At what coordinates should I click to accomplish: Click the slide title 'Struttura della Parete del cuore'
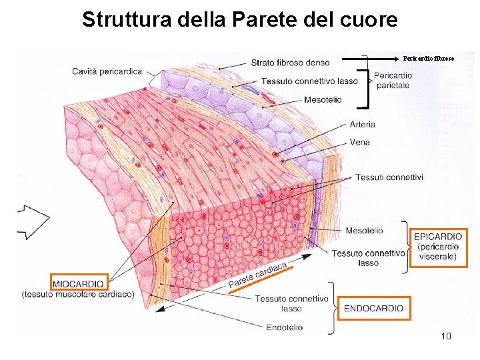239,20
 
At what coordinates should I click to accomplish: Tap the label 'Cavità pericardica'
107,71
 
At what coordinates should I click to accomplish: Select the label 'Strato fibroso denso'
289,63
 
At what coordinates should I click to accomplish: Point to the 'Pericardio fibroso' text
429,59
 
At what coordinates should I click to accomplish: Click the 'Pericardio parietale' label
393,81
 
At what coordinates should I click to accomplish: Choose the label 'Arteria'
362,124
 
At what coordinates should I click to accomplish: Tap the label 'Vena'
359,142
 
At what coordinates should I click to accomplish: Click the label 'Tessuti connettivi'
389,177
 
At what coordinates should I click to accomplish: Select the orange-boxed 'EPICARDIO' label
438,236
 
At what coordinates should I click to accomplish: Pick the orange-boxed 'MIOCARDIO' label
78,283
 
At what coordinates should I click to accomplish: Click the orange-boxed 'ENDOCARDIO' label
373,308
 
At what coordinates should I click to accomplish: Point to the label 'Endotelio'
284,327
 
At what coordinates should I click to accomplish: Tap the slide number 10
446,337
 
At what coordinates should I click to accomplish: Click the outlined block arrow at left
33,221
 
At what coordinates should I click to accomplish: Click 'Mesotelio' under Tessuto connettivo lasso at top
322,100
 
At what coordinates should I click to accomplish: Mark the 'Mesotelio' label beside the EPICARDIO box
364,231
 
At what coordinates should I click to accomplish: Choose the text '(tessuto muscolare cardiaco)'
78,294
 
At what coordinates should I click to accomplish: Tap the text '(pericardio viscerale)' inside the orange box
438,251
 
